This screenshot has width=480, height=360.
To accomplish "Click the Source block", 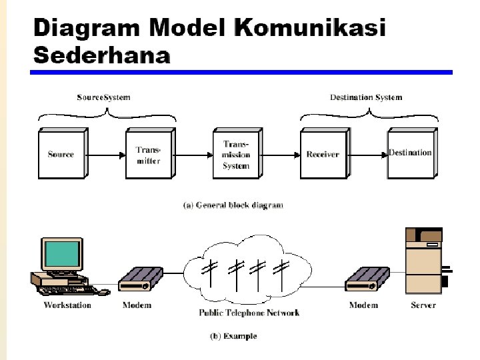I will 61,155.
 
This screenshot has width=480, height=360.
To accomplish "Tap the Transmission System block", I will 236,155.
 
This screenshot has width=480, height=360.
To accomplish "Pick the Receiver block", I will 323,155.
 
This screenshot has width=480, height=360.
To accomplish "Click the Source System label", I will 103,97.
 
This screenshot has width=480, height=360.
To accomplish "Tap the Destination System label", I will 366,97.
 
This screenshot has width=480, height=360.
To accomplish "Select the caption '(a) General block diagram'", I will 233,205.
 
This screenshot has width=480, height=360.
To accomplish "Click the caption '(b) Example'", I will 233,337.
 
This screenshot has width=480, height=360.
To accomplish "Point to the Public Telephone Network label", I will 249,313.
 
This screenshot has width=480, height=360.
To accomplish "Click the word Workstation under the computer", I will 67,305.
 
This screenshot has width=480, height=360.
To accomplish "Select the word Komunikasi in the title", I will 311,29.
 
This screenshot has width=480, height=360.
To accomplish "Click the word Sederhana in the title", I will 101,55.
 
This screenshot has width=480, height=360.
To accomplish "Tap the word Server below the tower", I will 423,305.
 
